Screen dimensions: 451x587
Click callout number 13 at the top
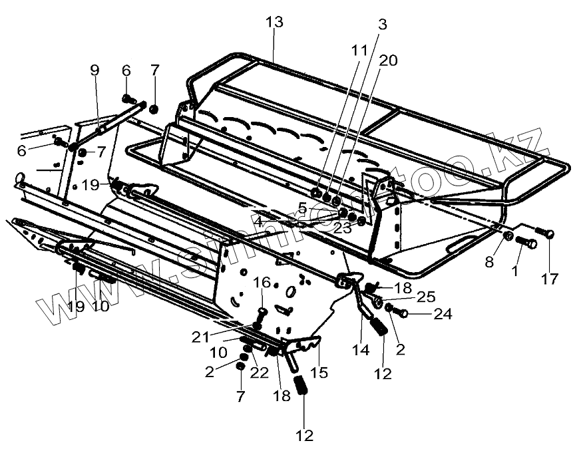tap(274, 22)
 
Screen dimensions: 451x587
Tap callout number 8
tap(489, 262)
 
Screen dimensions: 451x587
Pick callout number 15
tap(319, 373)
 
